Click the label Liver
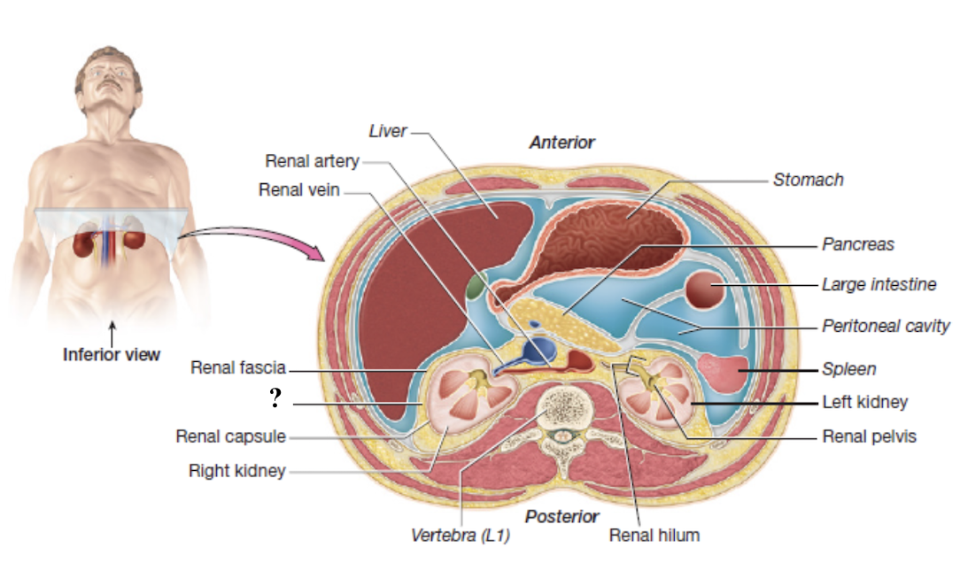click(x=387, y=131)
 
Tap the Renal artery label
click(x=312, y=161)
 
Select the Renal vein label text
click(x=298, y=189)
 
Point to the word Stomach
click(x=808, y=180)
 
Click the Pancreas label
click(x=857, y=243)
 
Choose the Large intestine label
click(x=879, y=284)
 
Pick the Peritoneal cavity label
click(x=885, y=326)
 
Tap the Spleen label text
click(x=848, y=368)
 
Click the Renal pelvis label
click(x=869, y=436)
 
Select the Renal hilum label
click(x=654, y=535)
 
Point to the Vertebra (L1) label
click(x=461, y=536)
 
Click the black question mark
click(x=275, y=399)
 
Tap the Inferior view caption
click(x=112, y=355)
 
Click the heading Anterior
click(x=561, y=142)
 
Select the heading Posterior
click(x=561, y=516)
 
